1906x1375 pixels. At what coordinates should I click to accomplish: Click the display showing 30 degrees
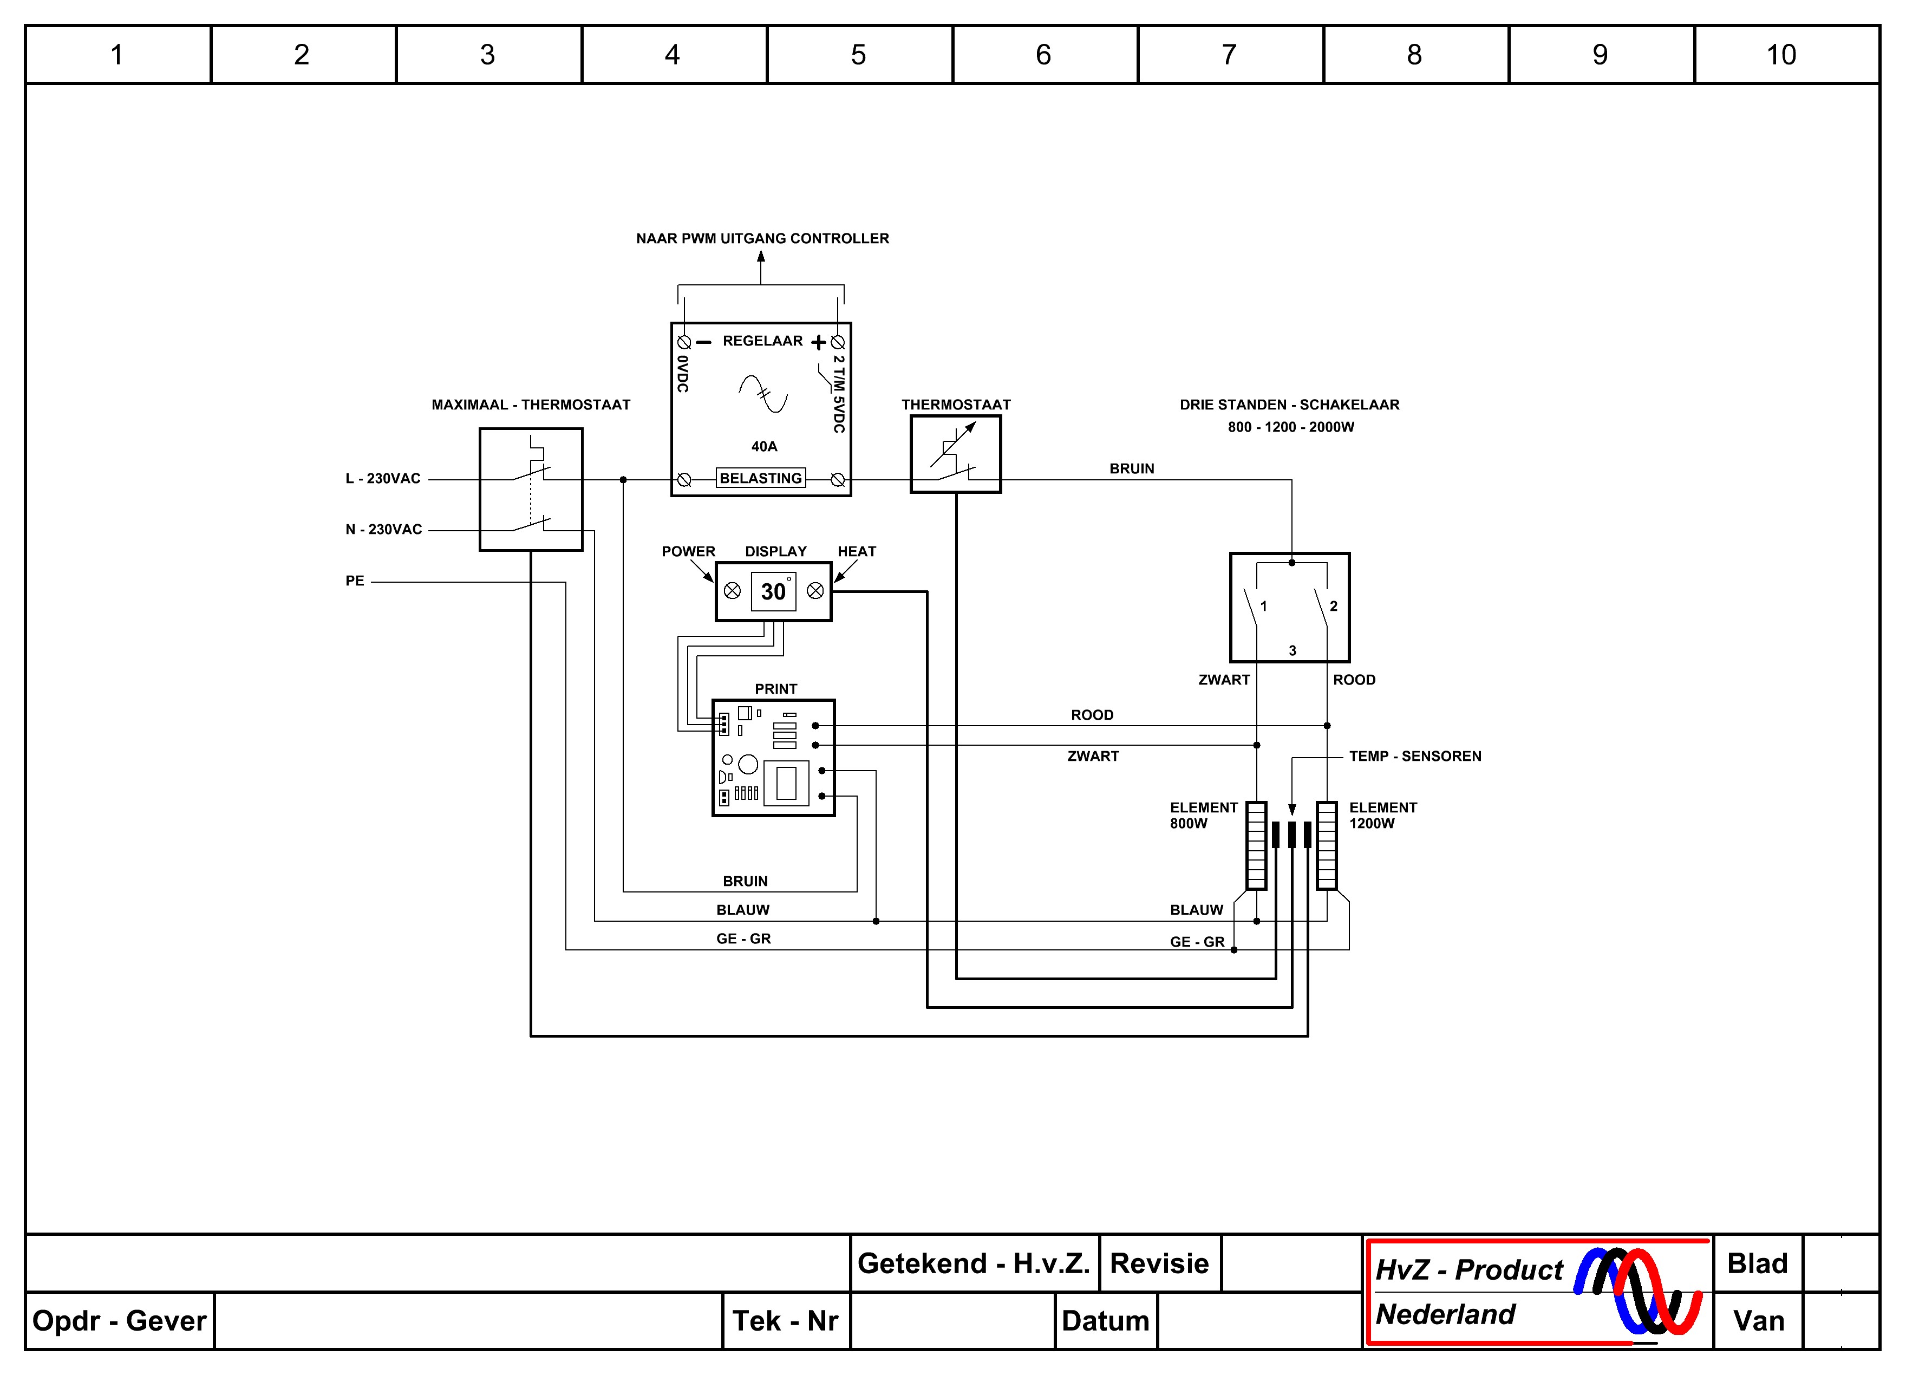[x=773, y=592]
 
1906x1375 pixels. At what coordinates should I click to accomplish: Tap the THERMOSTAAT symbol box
[x=956, y=454]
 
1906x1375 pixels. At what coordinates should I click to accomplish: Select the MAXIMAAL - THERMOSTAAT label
[x=531, y=405]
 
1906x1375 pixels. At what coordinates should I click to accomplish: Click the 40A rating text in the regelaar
[x=764, y=446]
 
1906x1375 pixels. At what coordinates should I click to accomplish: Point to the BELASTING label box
[x=761, y=478]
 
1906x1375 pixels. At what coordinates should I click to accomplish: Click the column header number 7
[x=1229, y=55]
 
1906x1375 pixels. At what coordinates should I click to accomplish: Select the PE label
[x=355, y=581]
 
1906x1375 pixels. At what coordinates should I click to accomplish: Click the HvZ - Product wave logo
[x=1637, y=1290]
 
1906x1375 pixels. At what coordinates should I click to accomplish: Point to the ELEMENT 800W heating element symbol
[x=1256, y=845]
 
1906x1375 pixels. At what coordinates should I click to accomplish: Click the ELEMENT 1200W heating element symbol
[x=1327, y=845]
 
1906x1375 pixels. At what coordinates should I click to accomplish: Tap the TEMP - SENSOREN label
[x=1415, y=757]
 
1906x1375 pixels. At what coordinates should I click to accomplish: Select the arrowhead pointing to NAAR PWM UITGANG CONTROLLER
[x=761, y=256]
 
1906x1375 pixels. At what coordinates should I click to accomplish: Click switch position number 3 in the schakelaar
[x=1293, y=650]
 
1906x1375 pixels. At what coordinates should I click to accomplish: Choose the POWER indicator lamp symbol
[x=732, y=591]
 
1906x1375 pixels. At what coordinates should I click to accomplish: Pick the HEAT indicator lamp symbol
[x=815, y=591]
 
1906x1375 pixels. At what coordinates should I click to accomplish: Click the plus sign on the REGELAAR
[x=818, y=342]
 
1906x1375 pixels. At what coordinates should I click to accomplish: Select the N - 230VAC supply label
[x=384, y=530]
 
